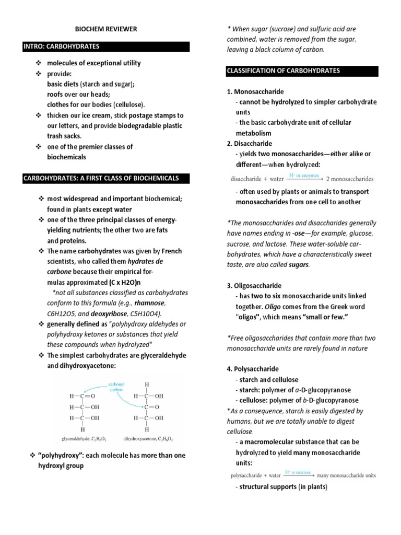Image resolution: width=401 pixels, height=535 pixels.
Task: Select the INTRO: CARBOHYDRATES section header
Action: (x=62, y=46)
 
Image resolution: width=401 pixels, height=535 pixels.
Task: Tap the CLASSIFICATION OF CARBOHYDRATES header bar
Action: (x=283, y=71)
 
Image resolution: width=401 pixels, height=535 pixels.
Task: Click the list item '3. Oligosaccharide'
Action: (x=254, y=286)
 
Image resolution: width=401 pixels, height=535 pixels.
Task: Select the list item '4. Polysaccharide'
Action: (x=253, y=369)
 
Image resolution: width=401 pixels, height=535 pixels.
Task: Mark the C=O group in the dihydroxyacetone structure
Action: (x=150, y=406)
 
